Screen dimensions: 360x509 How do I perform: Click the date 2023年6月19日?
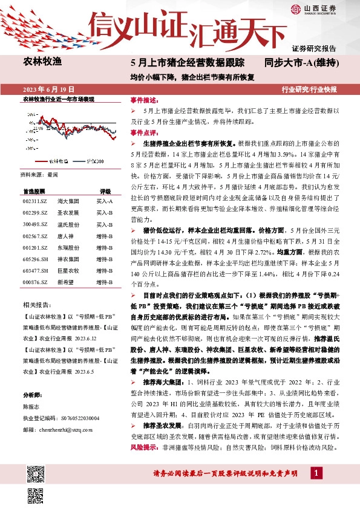(x=44, y=89)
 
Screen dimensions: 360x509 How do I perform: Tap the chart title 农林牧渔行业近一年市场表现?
(x=58, y=98)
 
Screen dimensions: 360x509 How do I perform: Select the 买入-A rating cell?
(x=105, y=199)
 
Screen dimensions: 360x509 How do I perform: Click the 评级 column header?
(x=105, y=190)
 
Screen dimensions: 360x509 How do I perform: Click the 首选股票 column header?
(x=33, y=190)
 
